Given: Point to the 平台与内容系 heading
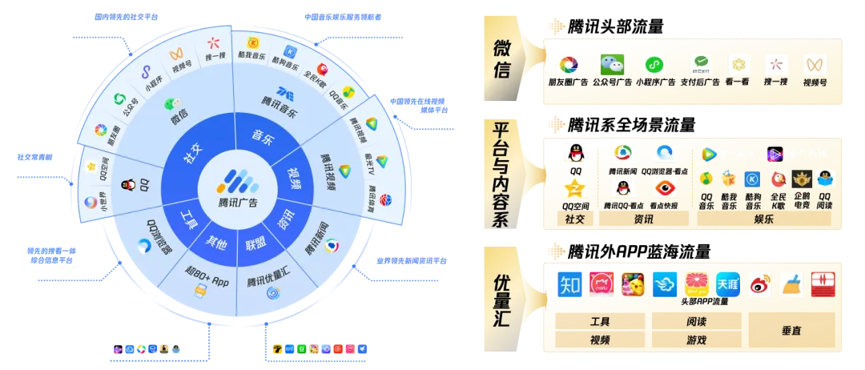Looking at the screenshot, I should tap(502, 175).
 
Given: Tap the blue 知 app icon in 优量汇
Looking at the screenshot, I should tap(569, 283).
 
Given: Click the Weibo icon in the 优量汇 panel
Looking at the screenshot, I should tap(759, 284).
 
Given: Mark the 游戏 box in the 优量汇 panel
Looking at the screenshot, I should tap(696, 340).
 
